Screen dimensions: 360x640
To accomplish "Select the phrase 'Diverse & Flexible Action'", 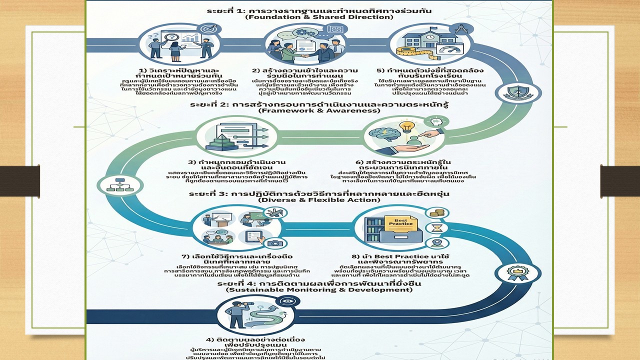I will click(318, 200).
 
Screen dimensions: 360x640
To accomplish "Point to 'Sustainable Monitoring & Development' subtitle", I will click(318, 290).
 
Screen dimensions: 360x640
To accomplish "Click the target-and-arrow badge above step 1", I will click(205, 29).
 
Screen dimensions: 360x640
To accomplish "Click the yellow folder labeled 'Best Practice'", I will click(401, 223).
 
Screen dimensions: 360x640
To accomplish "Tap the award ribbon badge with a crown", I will click(510, 273).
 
